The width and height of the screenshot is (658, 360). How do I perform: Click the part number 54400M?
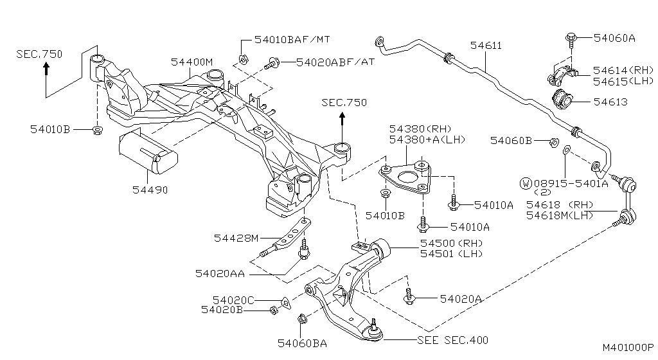click(x=191, y=62)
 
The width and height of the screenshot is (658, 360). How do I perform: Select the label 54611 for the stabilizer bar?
click(x=486, y=46)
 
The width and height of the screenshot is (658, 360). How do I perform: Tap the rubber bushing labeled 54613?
click(x=562, y=100)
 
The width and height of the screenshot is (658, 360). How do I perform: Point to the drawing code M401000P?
click(x=627, y=347)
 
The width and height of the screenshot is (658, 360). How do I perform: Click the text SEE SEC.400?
click(x=452, y=340)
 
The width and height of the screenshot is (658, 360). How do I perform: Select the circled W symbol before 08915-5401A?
click(x=526, y=183)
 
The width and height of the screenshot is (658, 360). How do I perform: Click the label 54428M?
click(x=236, y=239)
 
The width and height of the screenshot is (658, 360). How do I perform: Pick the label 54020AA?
click(x=220, y=273)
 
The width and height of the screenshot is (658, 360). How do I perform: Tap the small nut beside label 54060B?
click(x=552, y=141)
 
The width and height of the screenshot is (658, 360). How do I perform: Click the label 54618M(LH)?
click(x=560, y=215)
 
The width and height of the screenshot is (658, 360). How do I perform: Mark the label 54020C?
click(x=233, y=300)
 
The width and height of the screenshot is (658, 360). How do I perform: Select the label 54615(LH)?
click(x=623, y=81)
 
